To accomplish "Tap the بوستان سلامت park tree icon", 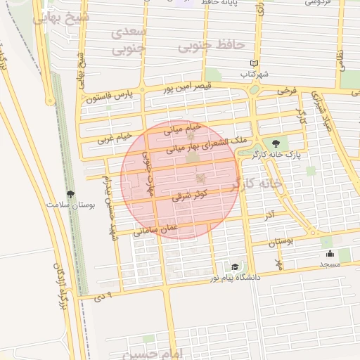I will pyautogui.click(x=70, y=194).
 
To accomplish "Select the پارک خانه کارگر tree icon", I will pyautogui.click(x=275, y=143).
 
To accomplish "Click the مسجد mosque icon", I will pyautogui.click(x=330, y=254).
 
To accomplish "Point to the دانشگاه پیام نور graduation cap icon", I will pyautogui.click(x=234, y=267).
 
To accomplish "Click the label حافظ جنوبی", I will pyautogui.click(x=211, y=46).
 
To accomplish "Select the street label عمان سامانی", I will pyautogui.click(x=155, y=229).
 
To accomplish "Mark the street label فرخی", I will pyautogui.click(x=286, y=92).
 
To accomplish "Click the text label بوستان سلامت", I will pyautogui.click(x=70, y=205).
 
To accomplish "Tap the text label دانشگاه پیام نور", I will pyautogui.click(x=235, y=278).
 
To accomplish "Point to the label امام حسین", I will pyautogui.click(x=160, y=351).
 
